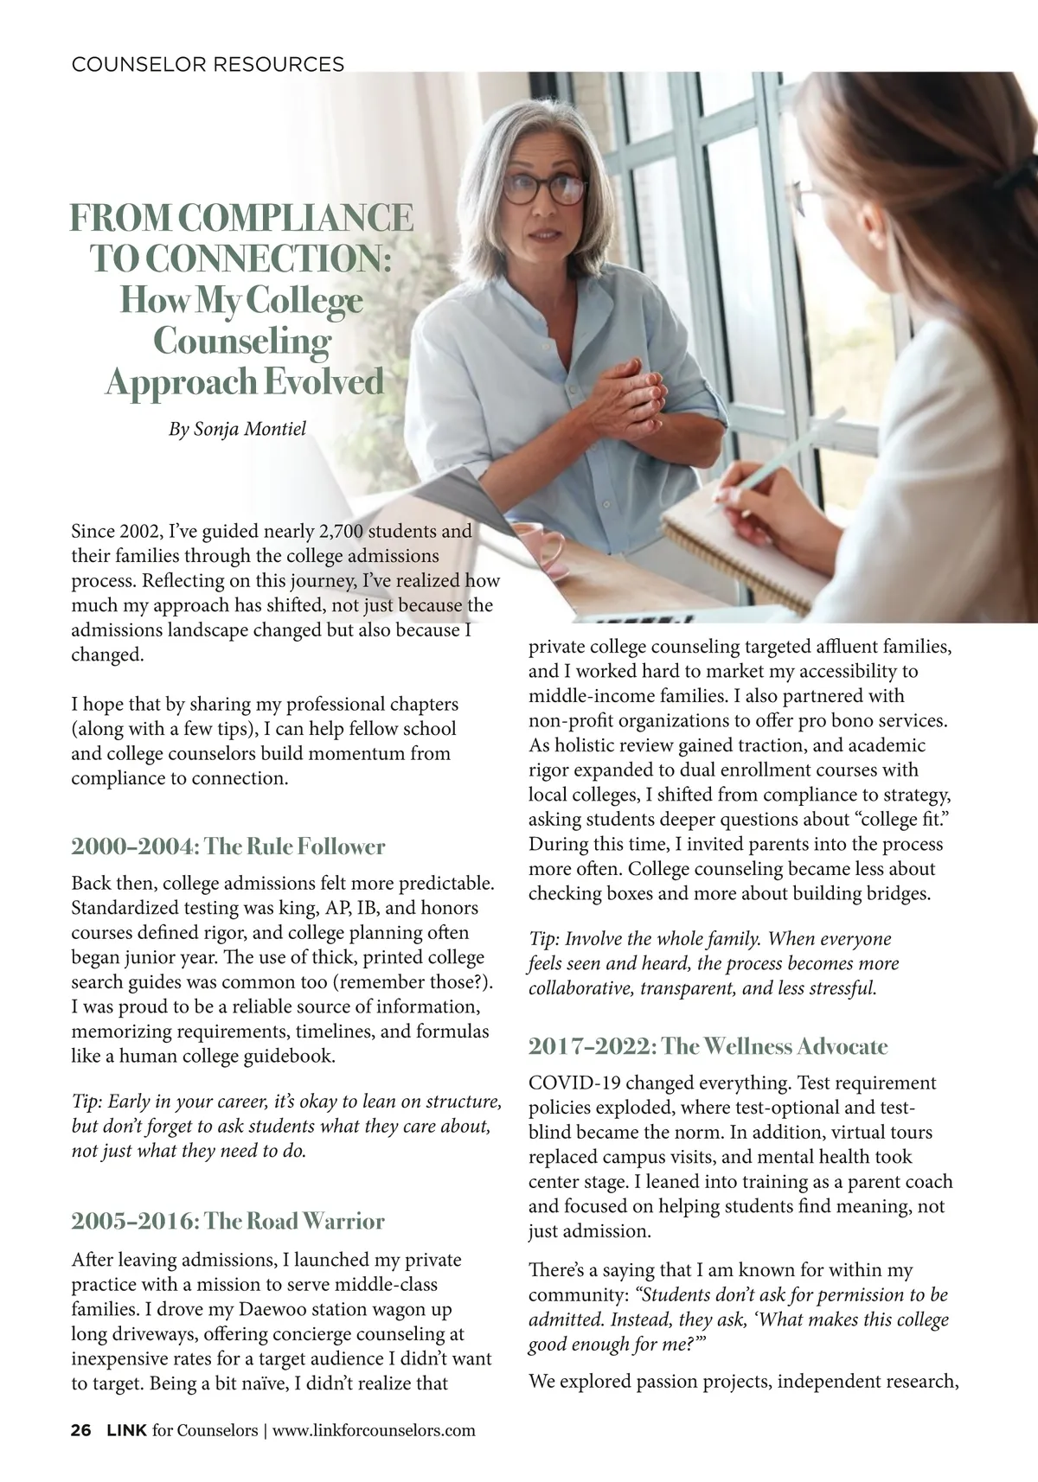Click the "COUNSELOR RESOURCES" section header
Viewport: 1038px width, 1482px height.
(x=208, y=64)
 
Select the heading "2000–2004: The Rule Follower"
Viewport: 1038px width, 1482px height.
(x=227, y=846)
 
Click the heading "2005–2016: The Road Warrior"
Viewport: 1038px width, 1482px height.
(x=227, y=1221)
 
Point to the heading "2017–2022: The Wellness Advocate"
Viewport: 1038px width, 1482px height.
(x=708, y=1046)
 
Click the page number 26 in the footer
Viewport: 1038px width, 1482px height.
(x=80, y=1430)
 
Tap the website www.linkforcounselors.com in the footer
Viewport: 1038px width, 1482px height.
(x=374, y=1430)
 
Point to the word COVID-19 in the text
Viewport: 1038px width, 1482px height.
(x=570, y=1083)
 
